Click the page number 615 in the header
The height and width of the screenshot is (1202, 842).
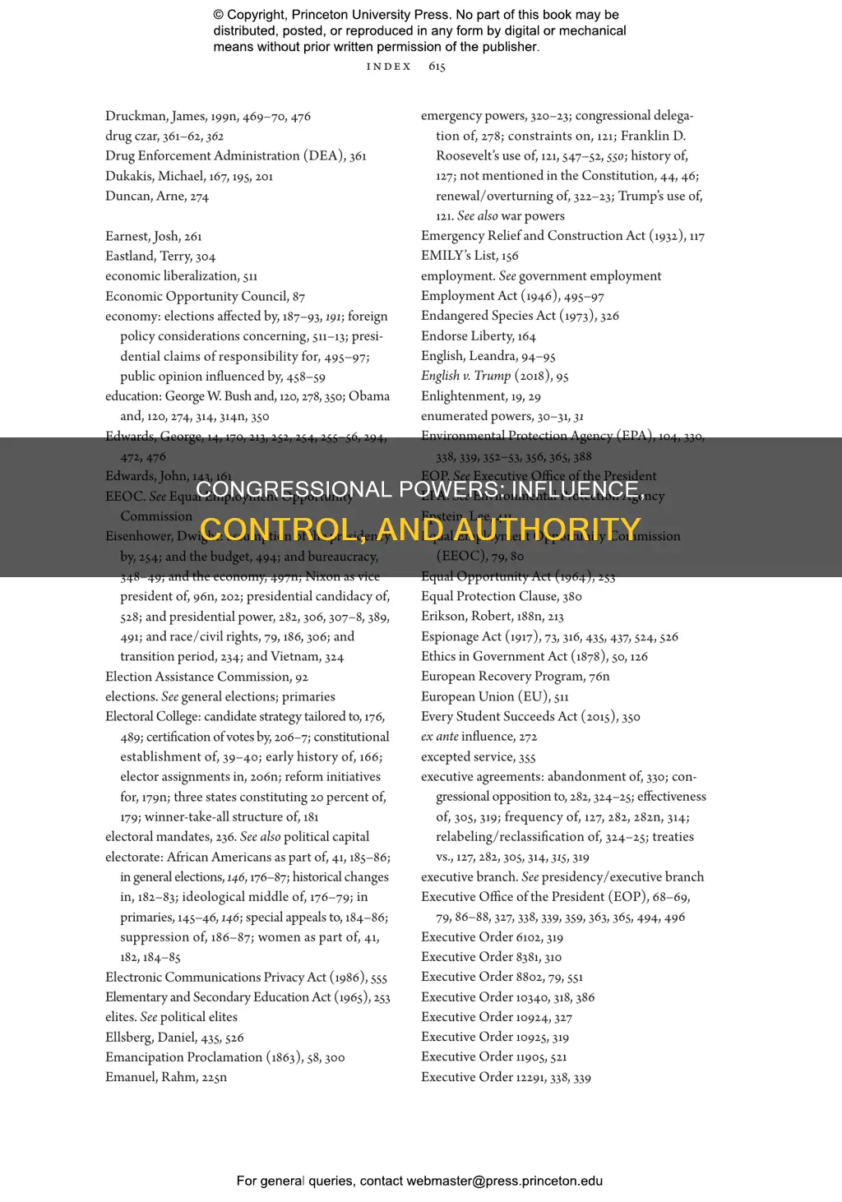(x=437, y=67)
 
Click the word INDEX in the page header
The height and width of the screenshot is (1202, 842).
(x=389, y=67)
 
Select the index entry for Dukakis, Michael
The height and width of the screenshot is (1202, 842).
(x=188, y=176)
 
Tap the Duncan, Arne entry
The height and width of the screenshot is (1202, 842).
(x=156, y=196)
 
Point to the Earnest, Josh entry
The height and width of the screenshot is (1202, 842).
(x=153, y=237)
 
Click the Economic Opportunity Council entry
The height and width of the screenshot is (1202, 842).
(x=205, y=297)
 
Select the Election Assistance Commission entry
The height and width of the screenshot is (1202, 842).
(x=206, y=677)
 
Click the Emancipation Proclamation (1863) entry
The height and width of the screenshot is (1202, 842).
(x=224, y=1057)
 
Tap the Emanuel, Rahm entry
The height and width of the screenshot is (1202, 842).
(x=165, y=1077)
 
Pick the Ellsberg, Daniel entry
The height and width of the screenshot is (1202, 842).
(x=174, y=1038)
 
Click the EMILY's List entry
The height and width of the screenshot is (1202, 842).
(x=470, y=256)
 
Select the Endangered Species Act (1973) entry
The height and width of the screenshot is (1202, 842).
(x=520, y=316)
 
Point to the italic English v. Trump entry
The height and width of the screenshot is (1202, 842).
(x=494, y=376)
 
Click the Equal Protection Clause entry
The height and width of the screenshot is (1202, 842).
(x=501, y=597)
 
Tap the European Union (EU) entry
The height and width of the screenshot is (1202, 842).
(x=494, y=696)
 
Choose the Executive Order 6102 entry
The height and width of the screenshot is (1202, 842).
(x=492, y=937)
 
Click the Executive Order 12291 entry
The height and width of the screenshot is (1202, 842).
(x=506, y=1077)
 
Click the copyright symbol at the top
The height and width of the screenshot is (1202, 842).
(x=219, y=15)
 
